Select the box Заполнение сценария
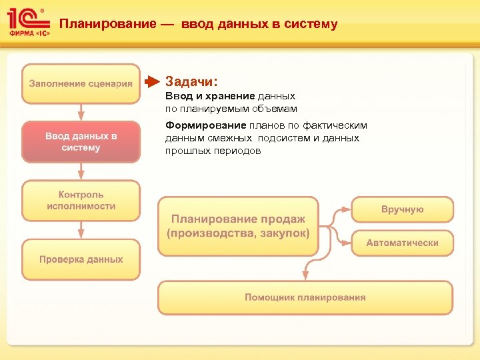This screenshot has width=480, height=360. (x=81, y=83)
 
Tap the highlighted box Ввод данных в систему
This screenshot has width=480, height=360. (x=81, y=141)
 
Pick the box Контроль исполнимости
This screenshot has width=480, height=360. (x=81, y=200)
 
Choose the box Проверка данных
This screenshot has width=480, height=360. (x=81, y=259)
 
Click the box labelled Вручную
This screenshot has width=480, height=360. (x=402, y=209)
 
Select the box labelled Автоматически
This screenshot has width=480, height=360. (x=402, y=243)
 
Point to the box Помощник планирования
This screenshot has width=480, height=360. (x=305, y=297)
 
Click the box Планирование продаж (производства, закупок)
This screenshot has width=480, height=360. (x=238, y=226)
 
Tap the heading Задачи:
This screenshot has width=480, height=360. (x=191, y=81)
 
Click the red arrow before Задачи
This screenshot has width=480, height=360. (x=153, y=82)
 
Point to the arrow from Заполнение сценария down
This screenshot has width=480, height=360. (x=81, y=112)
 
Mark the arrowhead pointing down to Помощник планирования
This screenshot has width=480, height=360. (x=305, y=274)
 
